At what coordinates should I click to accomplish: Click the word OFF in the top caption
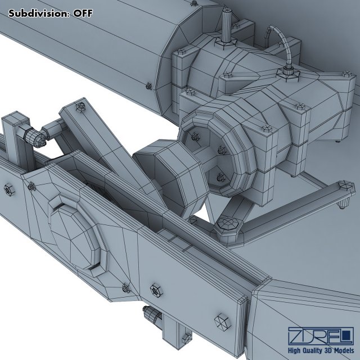click(x=80, y=13)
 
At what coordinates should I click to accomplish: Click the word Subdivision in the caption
click(x=38, y=13)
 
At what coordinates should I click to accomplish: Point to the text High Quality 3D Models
click(x=319, y=352)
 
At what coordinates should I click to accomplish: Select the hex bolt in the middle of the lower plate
click(x=155, y=291)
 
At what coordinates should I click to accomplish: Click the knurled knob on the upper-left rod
click(x=35, y=136)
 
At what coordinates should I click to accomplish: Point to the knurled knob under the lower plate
click(x=151, y=316)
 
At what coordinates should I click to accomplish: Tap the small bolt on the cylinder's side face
click(x=148, y=85)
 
